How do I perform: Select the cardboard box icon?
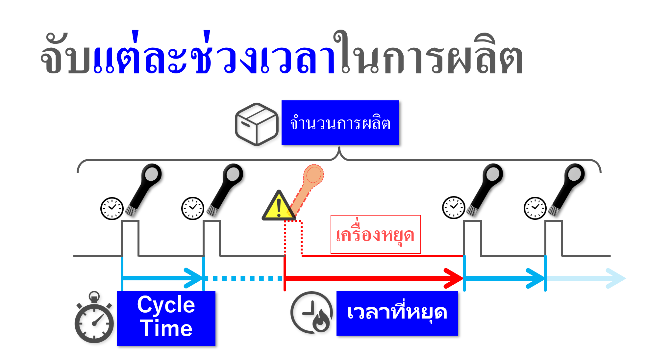click(x=257, y=124)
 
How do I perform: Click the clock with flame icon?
click(x=311, y=313)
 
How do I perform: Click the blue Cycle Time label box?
click(x=166, y=318)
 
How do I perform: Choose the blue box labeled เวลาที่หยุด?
click(x=397, y=313)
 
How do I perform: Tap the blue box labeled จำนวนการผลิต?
click(x=340, y=122)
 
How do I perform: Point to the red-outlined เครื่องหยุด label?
click(x=375, y=234)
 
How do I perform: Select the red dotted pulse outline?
click(x=293, y=237)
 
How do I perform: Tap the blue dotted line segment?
click(x=243, y=278)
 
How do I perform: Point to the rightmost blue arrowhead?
click(x=616, y=278)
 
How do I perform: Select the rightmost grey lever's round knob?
click(x=574, y=174)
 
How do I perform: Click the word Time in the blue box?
click(x=166, y=329)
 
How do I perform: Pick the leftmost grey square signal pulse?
click(x=130, y=238)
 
